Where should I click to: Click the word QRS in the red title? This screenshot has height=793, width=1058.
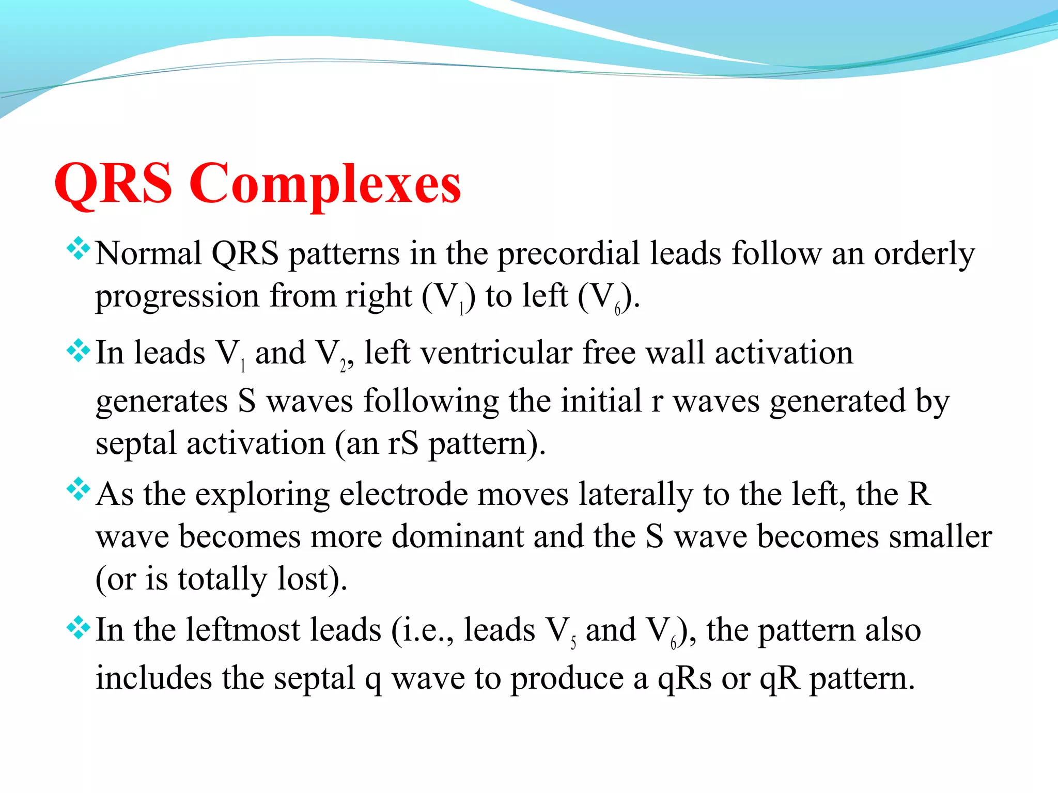point(113,184)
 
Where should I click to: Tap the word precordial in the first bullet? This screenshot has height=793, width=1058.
point(568,254)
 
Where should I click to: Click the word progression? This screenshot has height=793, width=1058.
point(177,297)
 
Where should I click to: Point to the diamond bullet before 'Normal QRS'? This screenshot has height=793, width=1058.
point(79,248)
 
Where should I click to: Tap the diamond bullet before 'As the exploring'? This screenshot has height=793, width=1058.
point(79,489)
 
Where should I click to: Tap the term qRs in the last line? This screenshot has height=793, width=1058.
point(684,679)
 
